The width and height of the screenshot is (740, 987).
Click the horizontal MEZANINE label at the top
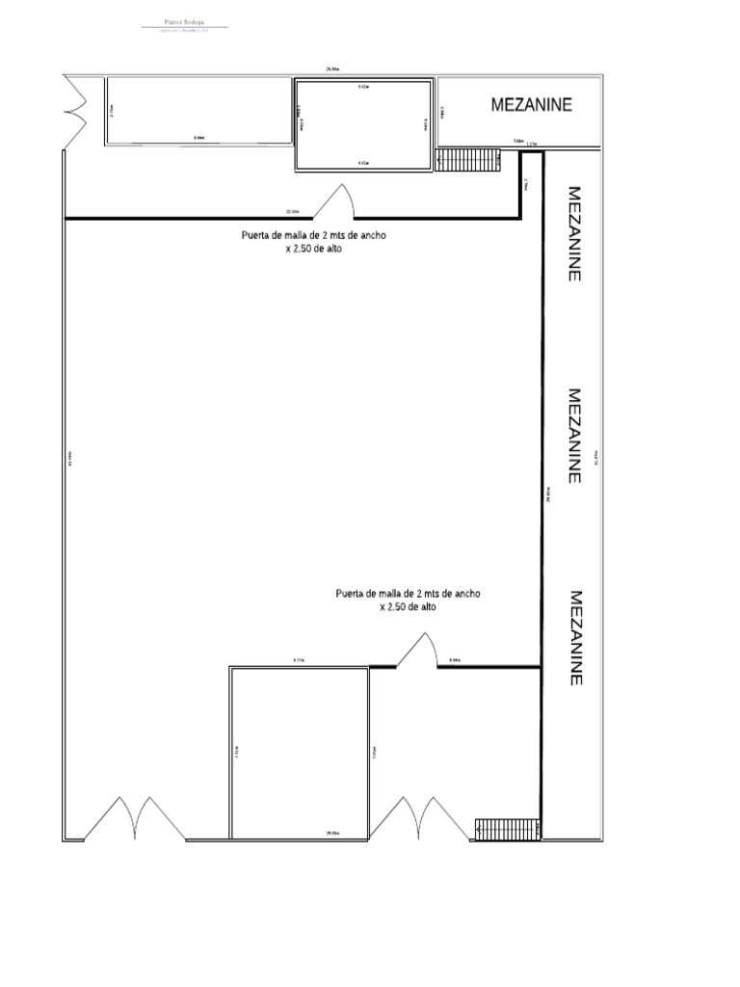531,105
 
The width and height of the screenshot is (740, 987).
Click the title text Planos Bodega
185,22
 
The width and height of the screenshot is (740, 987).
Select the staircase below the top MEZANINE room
468,160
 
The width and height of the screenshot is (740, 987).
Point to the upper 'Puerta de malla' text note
314,241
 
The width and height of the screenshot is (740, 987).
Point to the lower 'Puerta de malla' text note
409,600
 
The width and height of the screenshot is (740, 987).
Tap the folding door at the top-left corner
74,112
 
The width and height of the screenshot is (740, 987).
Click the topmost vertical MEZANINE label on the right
574,233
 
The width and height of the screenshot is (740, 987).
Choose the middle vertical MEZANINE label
574,436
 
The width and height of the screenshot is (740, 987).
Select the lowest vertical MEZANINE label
574,638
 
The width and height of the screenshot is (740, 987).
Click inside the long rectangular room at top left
198,111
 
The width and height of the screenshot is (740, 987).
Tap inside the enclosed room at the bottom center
299,752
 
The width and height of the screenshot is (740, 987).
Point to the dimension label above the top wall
332,69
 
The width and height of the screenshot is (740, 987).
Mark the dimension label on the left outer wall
69,458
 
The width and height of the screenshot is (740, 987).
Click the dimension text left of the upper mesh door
292,211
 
